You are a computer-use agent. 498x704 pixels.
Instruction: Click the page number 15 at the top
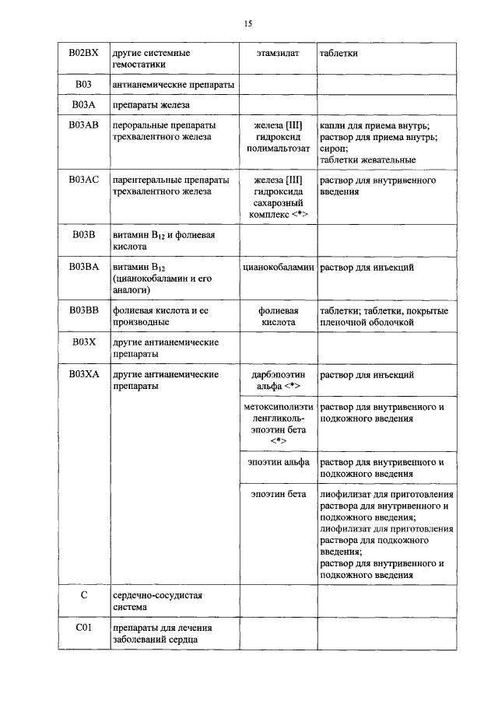pos(248,24)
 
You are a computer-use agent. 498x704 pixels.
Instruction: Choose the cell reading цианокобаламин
pos(278,267)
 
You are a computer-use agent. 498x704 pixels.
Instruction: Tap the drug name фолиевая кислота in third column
pos(278,316)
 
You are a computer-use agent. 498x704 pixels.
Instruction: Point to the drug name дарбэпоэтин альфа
pos(278,380)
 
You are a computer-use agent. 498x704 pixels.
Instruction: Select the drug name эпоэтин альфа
pos(278,461)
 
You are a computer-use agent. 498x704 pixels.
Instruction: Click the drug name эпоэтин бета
pos(278,494)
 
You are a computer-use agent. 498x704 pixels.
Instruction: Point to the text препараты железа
pos(150,104)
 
